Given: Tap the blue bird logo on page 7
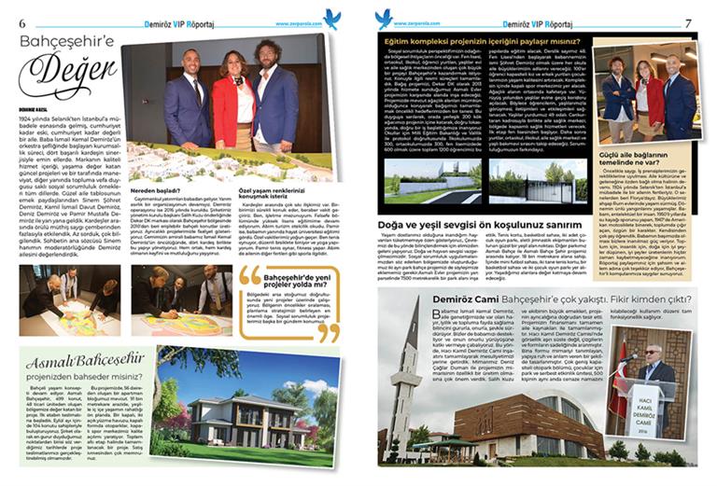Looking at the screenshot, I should coord(383,17).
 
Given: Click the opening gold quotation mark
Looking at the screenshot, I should coord(249,275).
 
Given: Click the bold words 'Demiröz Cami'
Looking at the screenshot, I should coord(416,298).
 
